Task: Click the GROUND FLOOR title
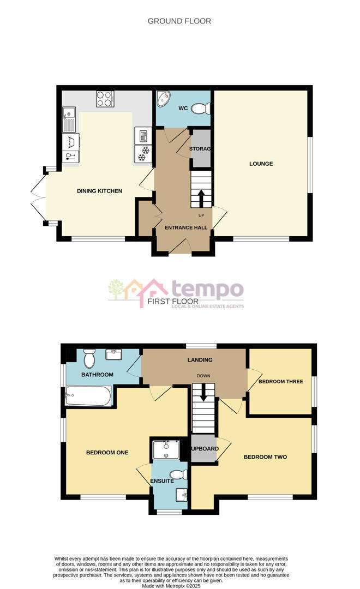pyautogui.click(x=179, y=21)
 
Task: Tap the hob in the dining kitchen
pyautogui.click(x=105, y=99)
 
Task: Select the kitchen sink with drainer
pyautogui.click(x=69, y=120)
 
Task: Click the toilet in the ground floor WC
pyautogui.click(x=201, y=109)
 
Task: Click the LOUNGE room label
pyautogui.click(x=261, y=164)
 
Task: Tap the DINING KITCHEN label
pyautogui.click(x=99, y=191)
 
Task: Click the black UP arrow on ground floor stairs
pyautogui.click(x=201, y=198)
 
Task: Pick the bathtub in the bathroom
pyautogui.click(x=88, y=396)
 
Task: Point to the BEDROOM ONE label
pyautogui.click(x=107, y=452)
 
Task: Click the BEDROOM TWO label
pyautogui.click(x=265, y=457)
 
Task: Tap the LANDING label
pyautogui.click(x=200, y=360)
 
